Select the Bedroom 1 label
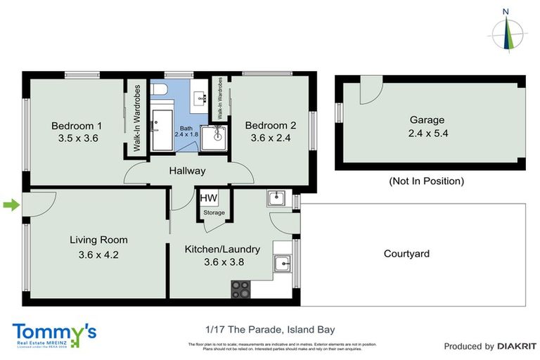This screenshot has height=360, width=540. pyautogui.click(x=77, y=126)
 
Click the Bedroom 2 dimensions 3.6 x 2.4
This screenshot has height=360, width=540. pyautogui.click(x=271, y=138)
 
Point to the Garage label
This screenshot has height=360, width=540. pyautogui.click(x=428, y=120)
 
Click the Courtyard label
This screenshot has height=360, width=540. pyautogui.click(x=406, y=254)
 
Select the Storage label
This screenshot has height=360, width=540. pyautogui.click(x=214, y=212)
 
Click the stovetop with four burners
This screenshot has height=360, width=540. pyautogui.click(x=240, y=288)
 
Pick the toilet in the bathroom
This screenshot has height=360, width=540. pyautogui.click(x=160, y=90)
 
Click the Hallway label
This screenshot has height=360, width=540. pyautogui.click(x=187, y=171)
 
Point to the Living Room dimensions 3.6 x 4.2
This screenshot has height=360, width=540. pyautogui.click(x=98, y=255)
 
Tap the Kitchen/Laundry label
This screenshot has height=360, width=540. pyautogui.click(x=222, y=249)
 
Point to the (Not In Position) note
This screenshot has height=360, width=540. pyautogui.click(x=426, y=181)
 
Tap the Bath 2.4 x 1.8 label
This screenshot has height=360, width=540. pyautogui.click(x=186, y=130)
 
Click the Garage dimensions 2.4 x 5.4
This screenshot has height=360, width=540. pyautogui.click(x=427, y=133)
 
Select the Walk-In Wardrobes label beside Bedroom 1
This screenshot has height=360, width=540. pyautogui.click(x=137, y=119)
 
